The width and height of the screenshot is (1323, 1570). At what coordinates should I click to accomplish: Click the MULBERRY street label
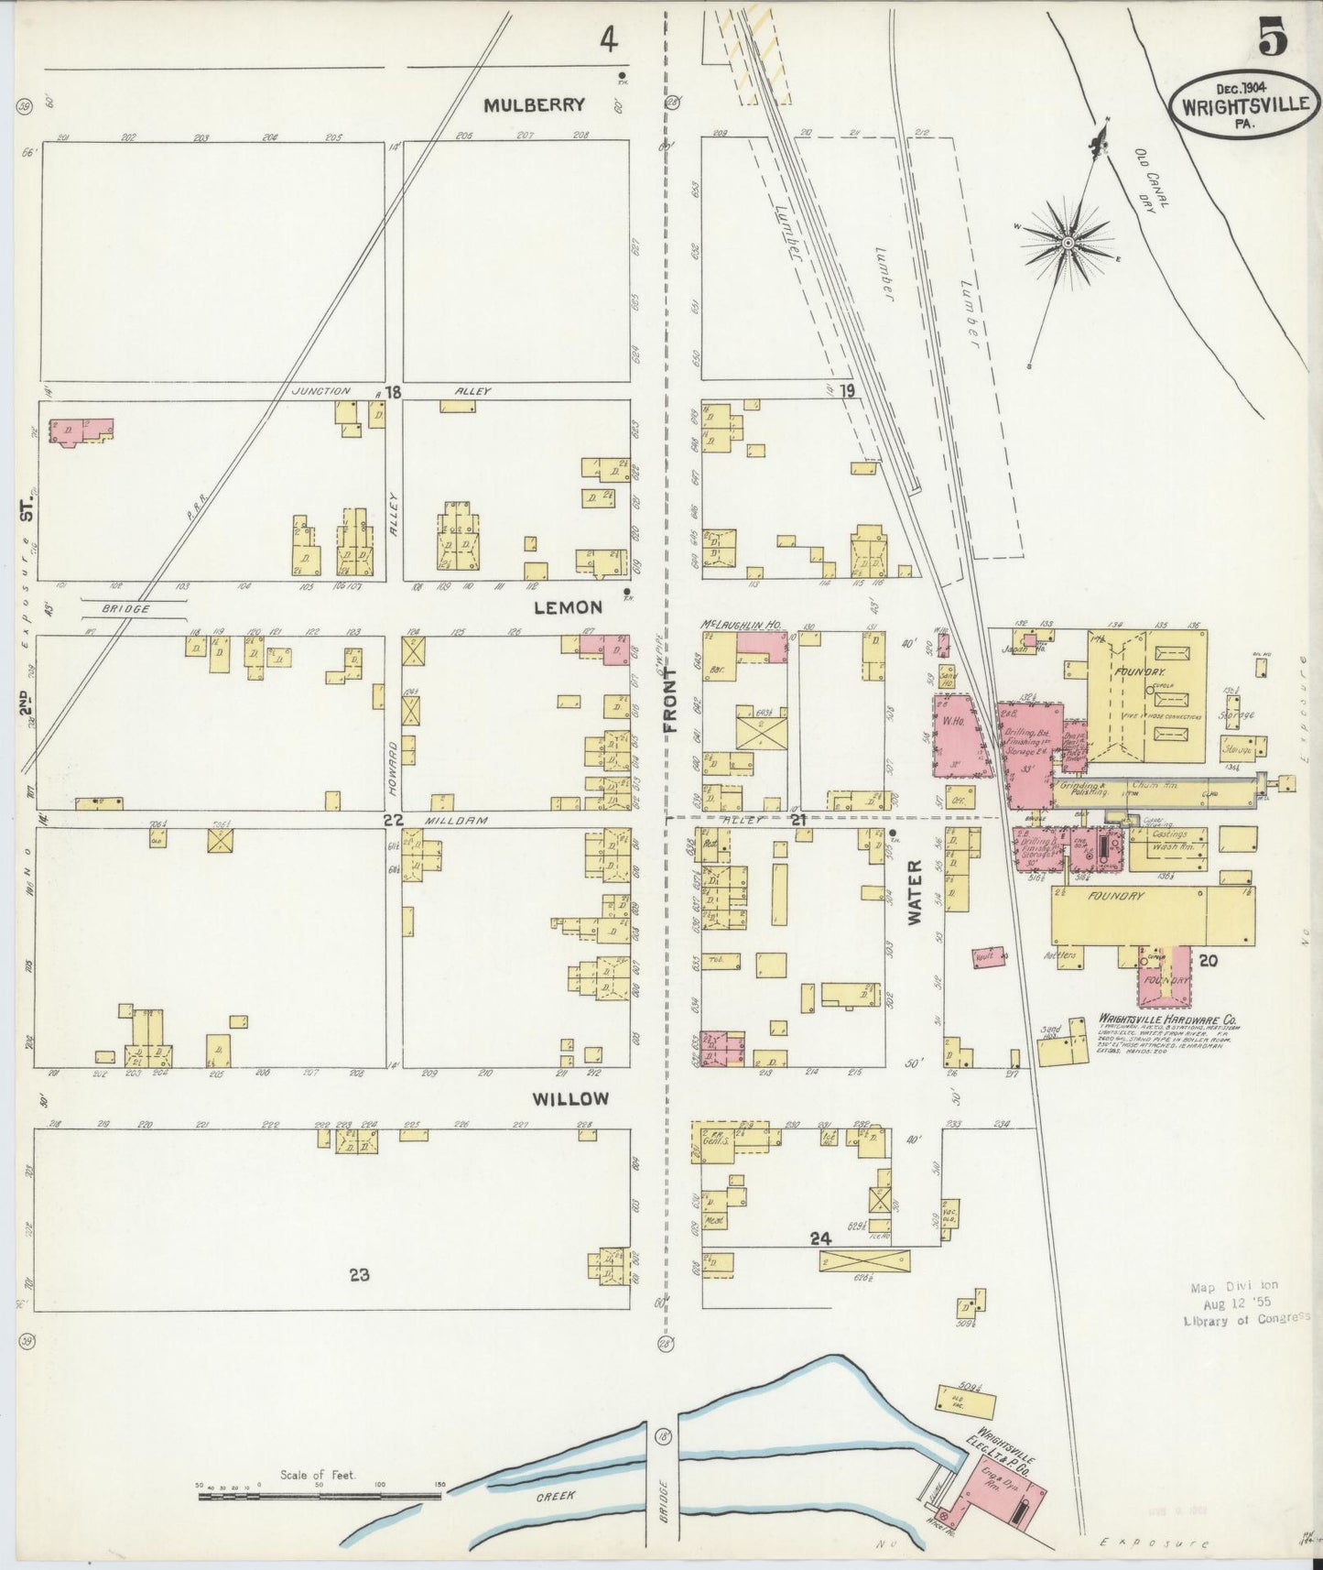(534, 104)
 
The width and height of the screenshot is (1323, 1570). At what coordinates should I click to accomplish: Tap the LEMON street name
(569, 607)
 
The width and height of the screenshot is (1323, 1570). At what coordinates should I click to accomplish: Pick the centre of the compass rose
(1068, 242)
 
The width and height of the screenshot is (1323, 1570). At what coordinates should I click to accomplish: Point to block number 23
(359, 1273)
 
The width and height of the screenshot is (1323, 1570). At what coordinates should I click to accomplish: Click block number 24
(819, 1238)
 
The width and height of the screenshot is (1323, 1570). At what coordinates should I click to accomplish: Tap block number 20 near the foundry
(1208, 961)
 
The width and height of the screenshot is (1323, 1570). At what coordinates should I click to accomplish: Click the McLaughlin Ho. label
(741, 624)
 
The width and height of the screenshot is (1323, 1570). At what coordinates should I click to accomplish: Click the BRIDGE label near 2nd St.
(125, 608)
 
